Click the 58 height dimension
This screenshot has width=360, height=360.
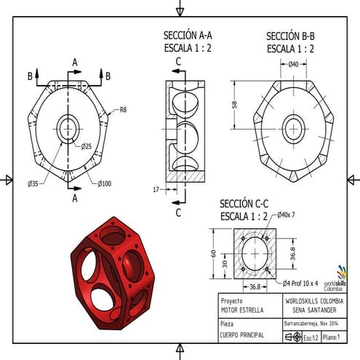pos(235,104)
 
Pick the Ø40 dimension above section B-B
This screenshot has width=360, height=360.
pos(294,65)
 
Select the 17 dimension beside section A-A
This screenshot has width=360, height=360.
pos(156,190)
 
